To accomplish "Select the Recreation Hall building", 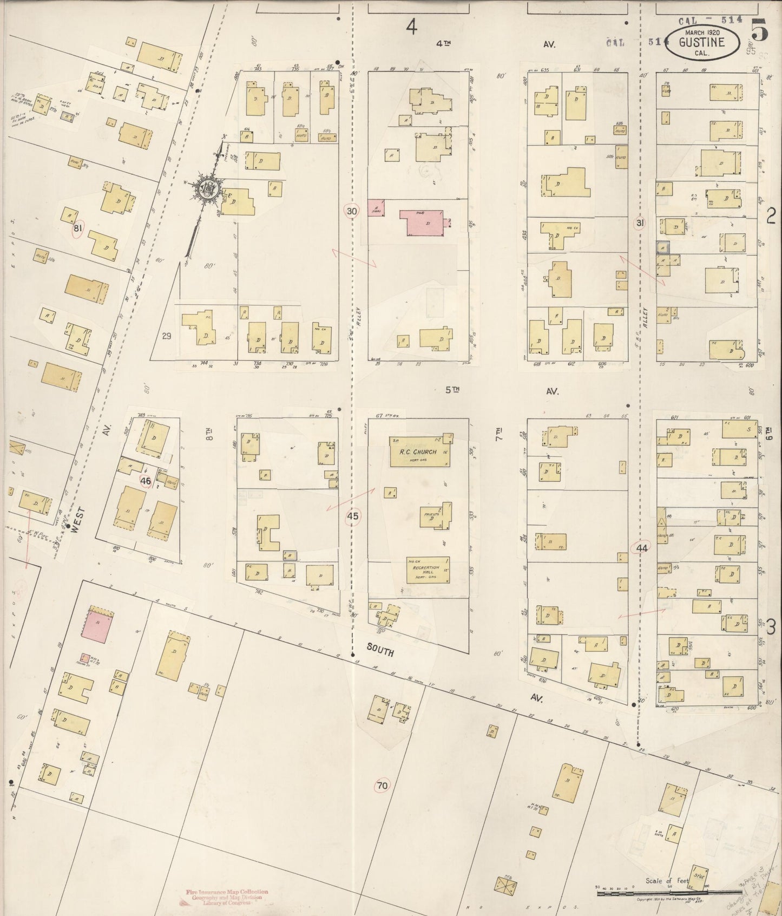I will [x=428, y=570].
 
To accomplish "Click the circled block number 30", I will [x=352, y=211].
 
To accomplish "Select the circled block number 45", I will [x=352, y=516].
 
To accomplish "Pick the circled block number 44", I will [x=642, y=548].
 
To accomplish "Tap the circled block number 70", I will [x=382, y=785].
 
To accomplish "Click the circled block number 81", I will [x=78, y=229].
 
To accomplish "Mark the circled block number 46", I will [x=145, y=480].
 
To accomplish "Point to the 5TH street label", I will [x=452, y=390].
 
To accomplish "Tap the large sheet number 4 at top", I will [x=412, y=27].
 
